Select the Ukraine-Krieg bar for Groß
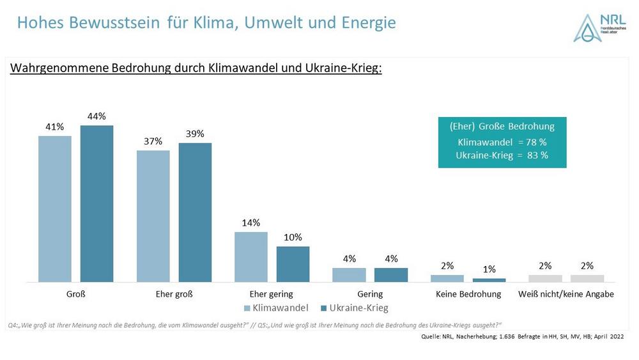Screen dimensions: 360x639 96,203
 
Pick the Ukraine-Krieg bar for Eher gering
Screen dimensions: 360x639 293,264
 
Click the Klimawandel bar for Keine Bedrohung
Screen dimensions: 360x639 447,278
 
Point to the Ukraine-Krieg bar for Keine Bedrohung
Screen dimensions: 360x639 489,280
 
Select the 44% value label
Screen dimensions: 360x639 97,116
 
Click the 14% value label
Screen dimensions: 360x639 251,223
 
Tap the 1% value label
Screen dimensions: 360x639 489,269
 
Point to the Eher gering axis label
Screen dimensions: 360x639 271,294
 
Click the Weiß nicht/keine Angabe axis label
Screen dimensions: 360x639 566,294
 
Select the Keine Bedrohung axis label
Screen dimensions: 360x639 468,294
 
